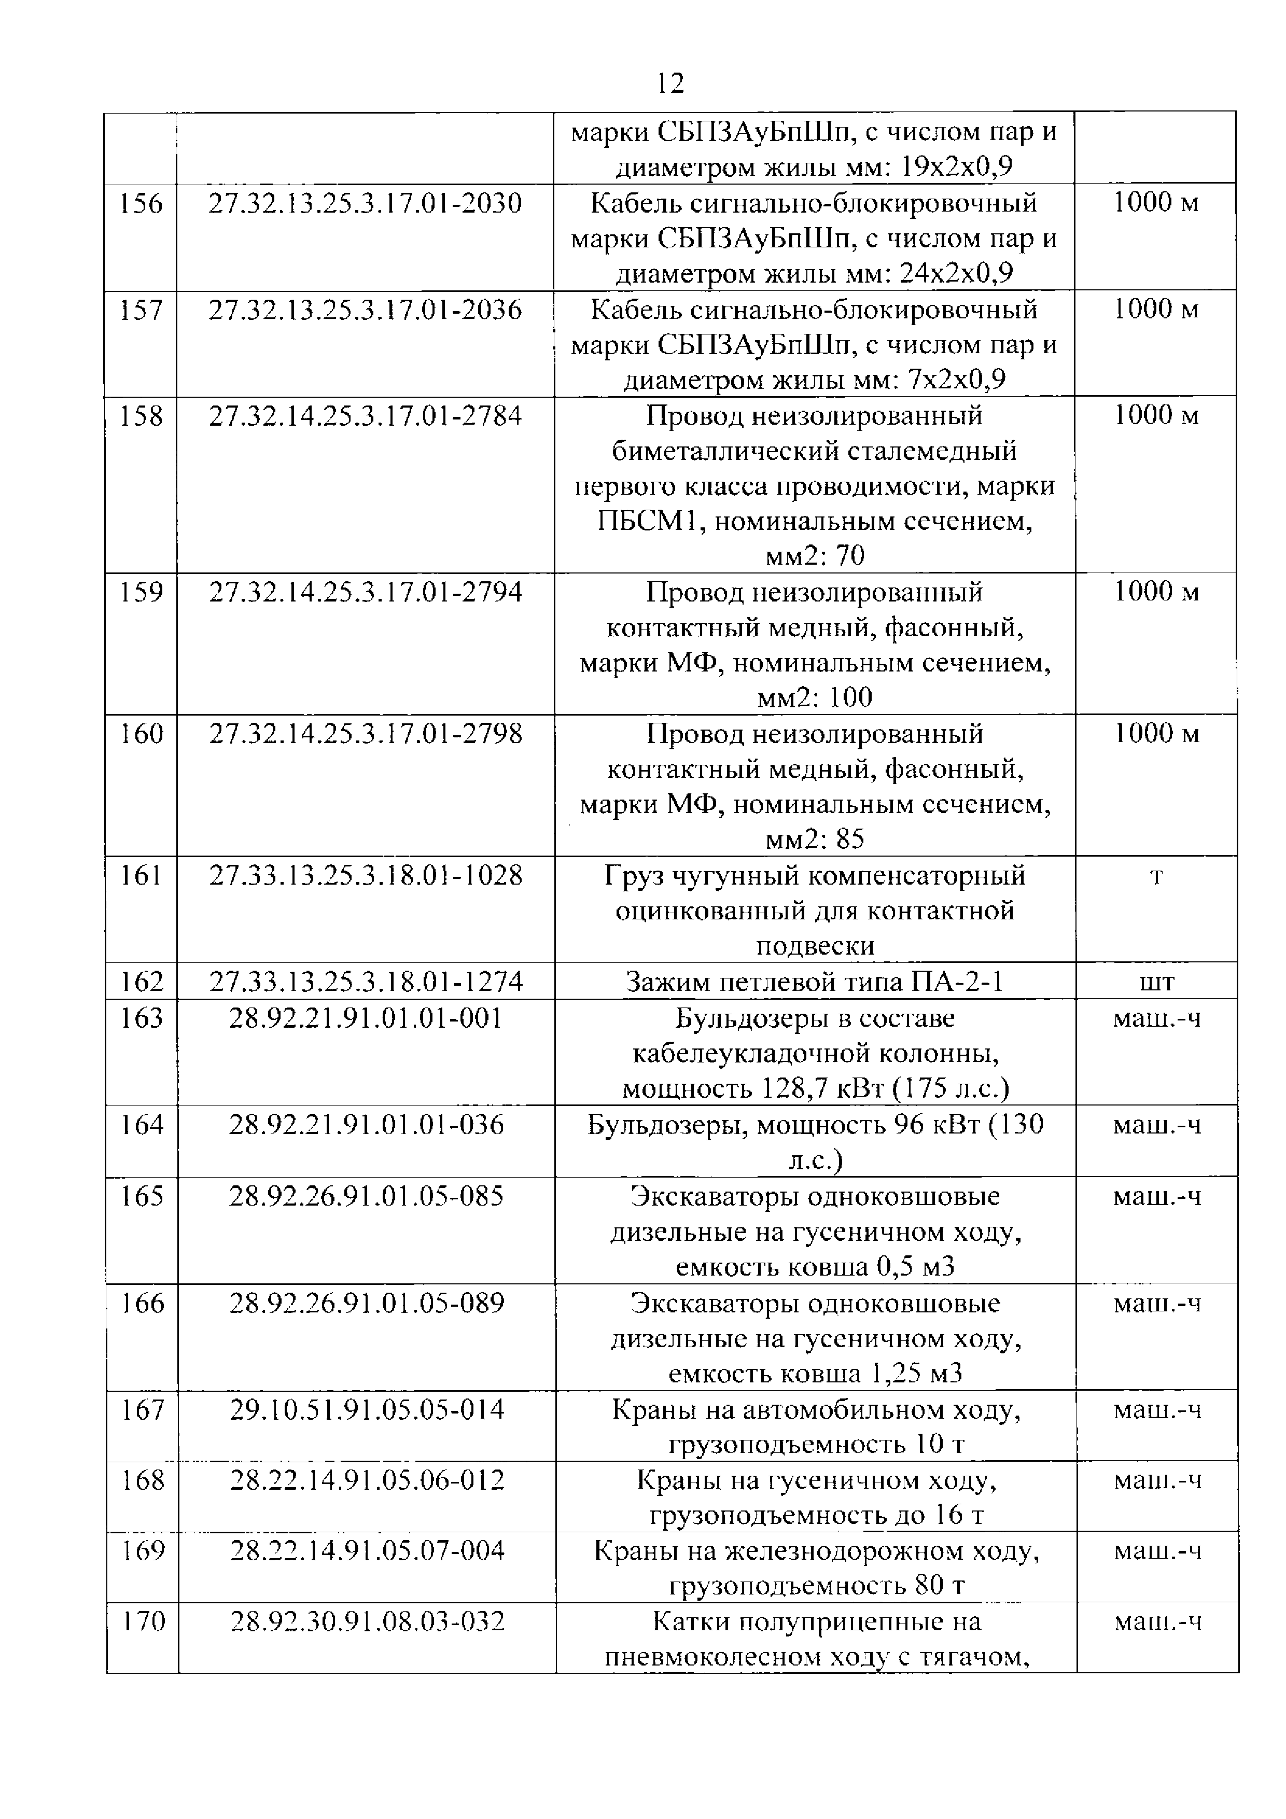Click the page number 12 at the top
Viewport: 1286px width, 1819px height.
click(669, 82)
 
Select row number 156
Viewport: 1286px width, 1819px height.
click(141, 204)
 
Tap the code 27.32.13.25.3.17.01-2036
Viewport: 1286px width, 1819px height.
click(365, 310)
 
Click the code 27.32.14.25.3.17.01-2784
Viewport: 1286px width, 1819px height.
click(365, 416)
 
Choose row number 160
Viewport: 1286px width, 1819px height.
click(141, 734)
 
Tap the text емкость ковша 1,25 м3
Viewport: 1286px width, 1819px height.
click(815, 1373)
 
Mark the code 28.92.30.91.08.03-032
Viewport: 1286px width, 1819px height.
click(367, 1622)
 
